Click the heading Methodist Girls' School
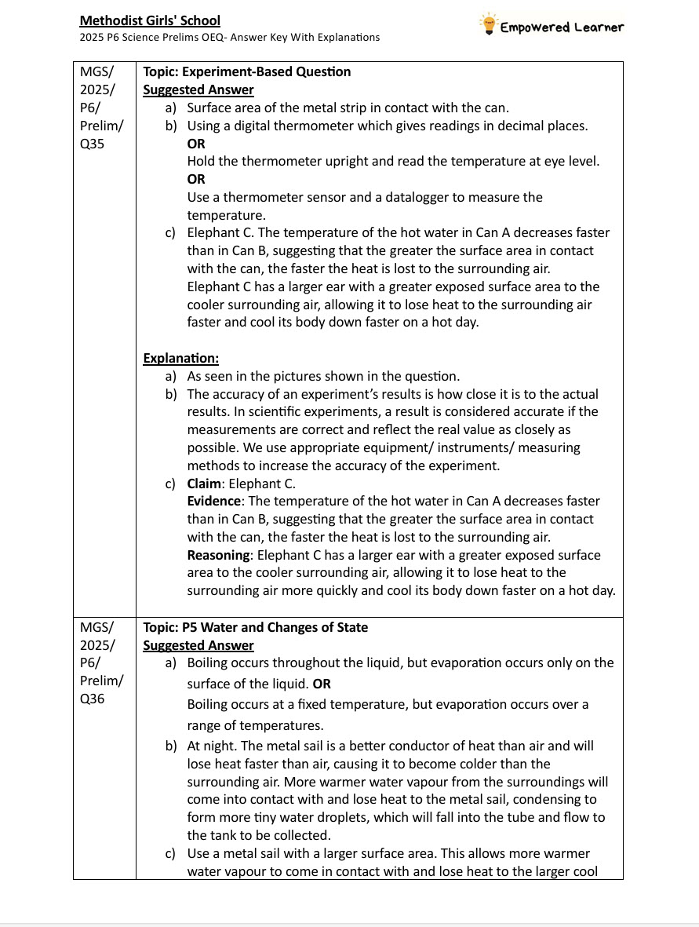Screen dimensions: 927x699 [x=150, y=20]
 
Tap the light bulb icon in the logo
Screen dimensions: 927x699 [x=490, y=24]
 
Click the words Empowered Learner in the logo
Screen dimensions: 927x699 [x=562, y=27]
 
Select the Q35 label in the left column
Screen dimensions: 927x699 [x=93, y=144]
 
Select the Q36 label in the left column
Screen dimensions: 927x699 [x=93, y=699]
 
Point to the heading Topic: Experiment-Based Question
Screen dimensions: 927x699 [x=246, y=71]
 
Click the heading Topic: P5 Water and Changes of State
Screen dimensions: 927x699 [x=255, y=627]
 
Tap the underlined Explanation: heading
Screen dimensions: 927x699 [x=180, y=358]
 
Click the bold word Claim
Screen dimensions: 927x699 [x=204, y=484]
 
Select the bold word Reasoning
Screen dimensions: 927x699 [x=219, y=555]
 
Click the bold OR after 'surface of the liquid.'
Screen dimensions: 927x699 [x=322, y=684]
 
